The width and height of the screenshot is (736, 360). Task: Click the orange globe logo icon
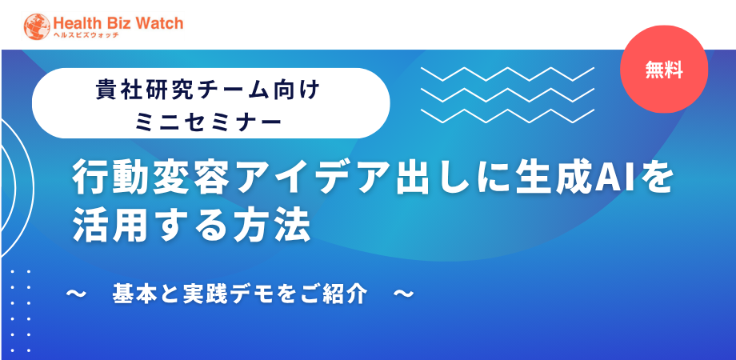[x=37, y=26]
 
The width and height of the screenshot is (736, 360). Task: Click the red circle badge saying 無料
[x=664, y=70]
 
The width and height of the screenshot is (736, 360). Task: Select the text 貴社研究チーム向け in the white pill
[x=207, y=90]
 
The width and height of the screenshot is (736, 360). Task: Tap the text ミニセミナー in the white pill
[x=208, y=122]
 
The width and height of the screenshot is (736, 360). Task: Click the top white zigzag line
[x=507, y=74]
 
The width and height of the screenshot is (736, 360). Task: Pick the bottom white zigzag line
[x=507, y=116]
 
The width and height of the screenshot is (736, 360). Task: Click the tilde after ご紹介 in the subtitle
[x=403, y=294]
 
